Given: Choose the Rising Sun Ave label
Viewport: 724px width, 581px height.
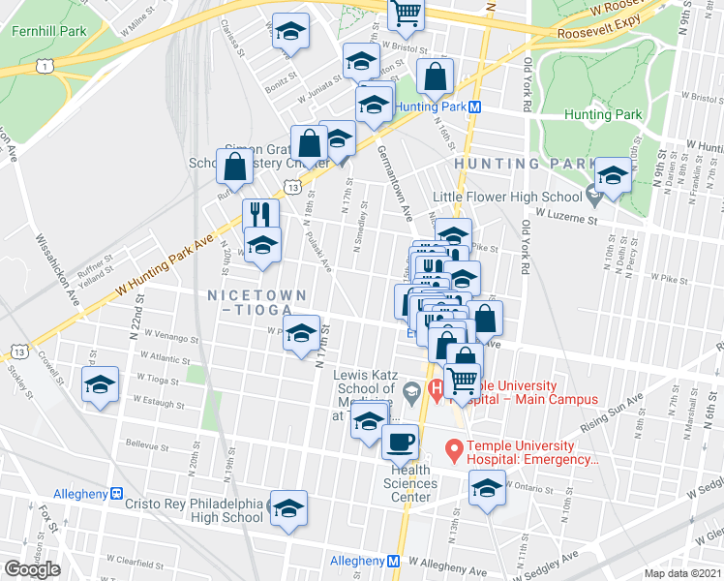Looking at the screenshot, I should tap(611, 414).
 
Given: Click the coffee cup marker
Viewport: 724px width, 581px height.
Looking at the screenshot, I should tap(400, 443).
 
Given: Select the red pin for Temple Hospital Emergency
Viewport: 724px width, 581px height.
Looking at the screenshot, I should tap(452, 449).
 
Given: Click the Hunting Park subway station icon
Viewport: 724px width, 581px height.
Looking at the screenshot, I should tap(475, 107).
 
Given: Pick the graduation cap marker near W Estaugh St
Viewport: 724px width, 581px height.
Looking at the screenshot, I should tap(101, 385).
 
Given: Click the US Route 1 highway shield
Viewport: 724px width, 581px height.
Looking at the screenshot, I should tap(44, 66).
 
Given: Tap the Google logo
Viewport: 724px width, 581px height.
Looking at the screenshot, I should tap(32, 569).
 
